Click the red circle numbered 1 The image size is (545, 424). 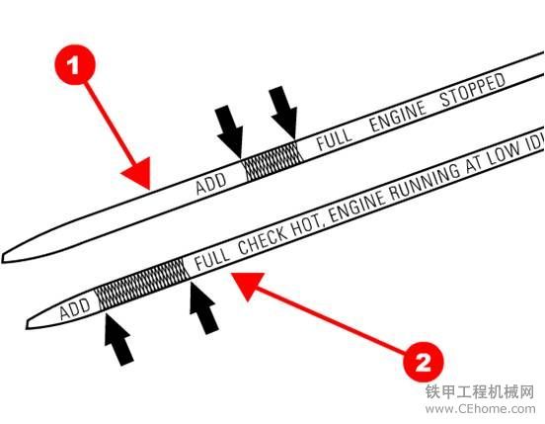(75, 64)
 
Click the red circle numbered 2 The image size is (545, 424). (424, 362)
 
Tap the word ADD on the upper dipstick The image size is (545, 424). (211, 183)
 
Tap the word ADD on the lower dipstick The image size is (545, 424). (75, 308)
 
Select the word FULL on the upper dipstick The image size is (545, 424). (334, 138)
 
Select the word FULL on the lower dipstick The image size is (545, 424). (212, 258)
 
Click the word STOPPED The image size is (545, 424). (473, 89)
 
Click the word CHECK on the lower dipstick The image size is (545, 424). (264, 240)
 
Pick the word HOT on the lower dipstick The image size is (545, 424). (308, 224)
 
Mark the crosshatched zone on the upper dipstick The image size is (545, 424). (272, 161)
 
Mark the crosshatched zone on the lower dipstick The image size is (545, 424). (141, 285)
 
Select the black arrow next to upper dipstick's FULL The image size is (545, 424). (284, 113)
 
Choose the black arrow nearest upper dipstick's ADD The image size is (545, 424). (230, 131)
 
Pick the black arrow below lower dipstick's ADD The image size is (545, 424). (118, 338)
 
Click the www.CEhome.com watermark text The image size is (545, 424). (480, 408)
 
